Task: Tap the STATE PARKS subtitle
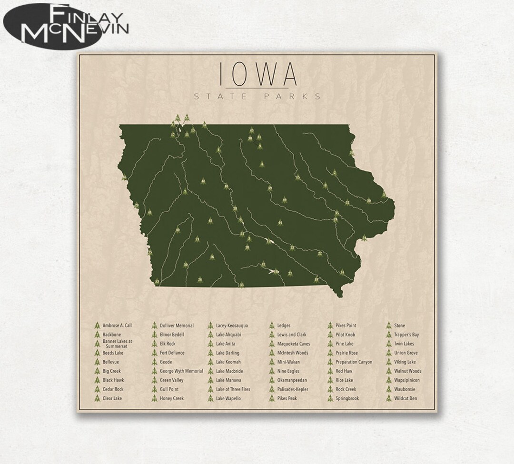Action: [x=257, y=97]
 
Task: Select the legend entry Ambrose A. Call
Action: [x=117, y=326]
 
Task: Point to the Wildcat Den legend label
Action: [x=405, y=398]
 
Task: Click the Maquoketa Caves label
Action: [x=293, y=344]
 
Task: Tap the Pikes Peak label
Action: [x=287, y=398]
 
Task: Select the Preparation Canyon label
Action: [x=354, y=362]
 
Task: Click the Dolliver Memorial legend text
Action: [x=177, y=326]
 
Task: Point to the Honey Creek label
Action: [x=172, y=398]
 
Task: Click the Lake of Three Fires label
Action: [x=233, y=389]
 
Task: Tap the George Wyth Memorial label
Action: [x=181, y=371]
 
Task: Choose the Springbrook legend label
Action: [x=347, y=398]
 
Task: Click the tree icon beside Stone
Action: [x=388, y=326]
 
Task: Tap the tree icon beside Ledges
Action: [x=271, y=326]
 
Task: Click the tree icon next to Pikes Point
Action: [x=329, y=326]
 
